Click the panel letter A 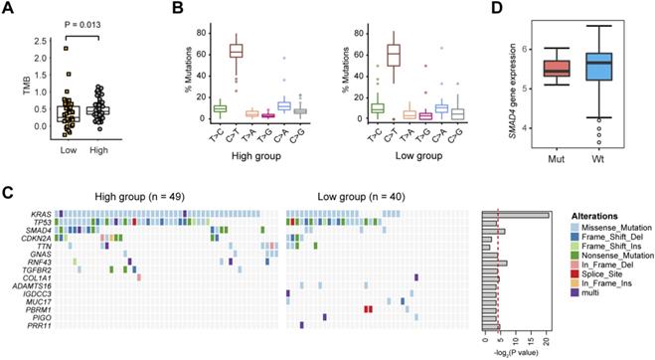tap(9, 9)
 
